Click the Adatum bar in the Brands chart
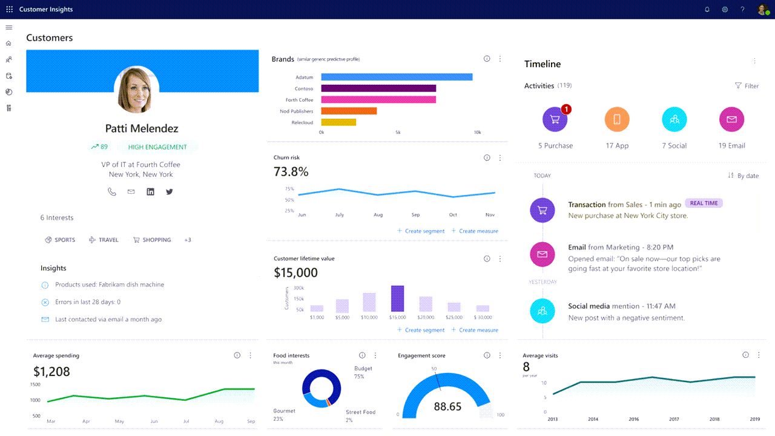397,77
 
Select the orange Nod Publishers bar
349,111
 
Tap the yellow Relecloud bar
338,122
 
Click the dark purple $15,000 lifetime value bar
397,299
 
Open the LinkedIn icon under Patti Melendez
150,192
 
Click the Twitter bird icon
169,192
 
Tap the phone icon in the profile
112,192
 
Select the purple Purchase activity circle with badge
555,119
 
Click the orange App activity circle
617,119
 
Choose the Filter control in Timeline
747,86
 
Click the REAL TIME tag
704,203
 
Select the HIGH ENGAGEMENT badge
157,147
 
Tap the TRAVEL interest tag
104,240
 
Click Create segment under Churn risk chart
421,231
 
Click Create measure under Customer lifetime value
475,330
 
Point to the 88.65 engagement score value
447,406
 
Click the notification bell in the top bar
707,9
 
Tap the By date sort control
743,176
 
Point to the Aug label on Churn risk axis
378,215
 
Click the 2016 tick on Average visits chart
633,419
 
